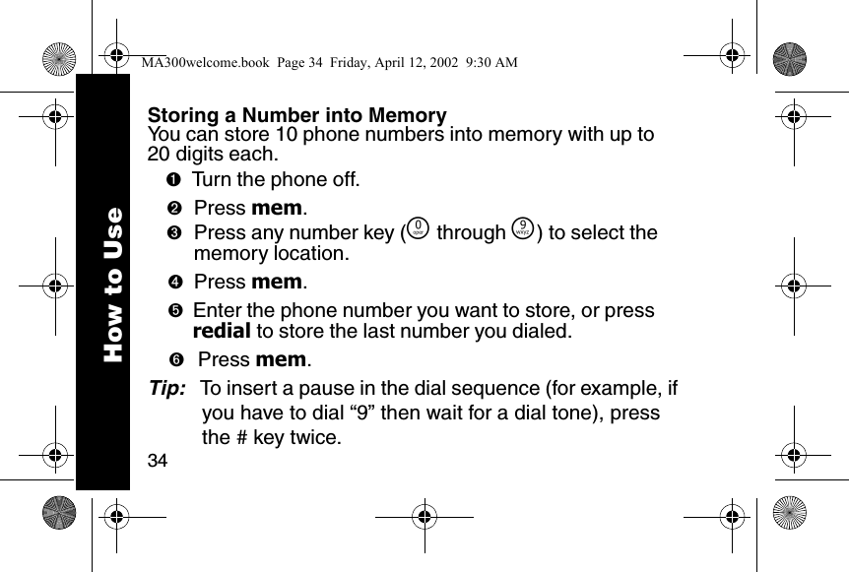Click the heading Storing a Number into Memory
pos(296,116)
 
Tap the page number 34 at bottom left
pos(157,460)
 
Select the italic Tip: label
pos(165,389)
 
